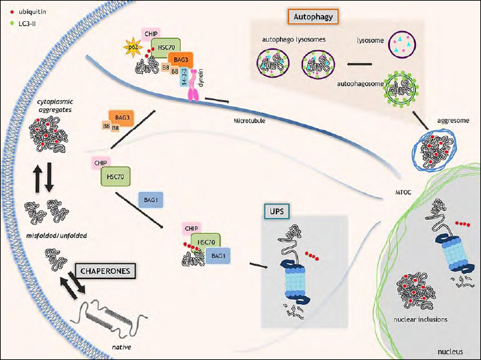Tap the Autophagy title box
coord(313,17)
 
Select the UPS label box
coord(276,211)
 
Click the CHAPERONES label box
coord(105,271)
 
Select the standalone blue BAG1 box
coord(151,200)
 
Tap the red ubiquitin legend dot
coord(12,12)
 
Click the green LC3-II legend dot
coord(12,23)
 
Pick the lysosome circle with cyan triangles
coord(402,44)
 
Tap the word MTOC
coord(403,193)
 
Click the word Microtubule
coord(249,121)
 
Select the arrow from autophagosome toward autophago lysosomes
coord(359,64)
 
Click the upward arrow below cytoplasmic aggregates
coord(38,177)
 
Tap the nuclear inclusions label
coord(421,319)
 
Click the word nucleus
coord(450,351)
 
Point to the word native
coord(122,347)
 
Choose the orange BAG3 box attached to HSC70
coord(181,60)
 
